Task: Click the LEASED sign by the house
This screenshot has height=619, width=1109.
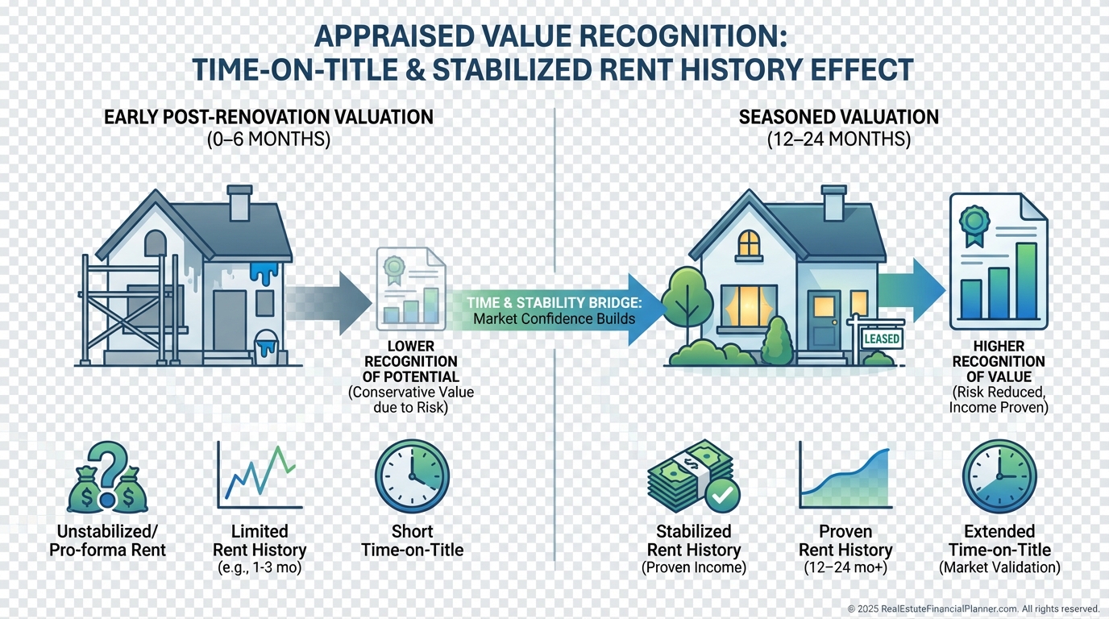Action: click(x=881, y=339)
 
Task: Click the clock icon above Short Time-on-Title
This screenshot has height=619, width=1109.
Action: click(x=412, y=476)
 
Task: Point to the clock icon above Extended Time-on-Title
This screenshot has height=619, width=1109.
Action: click(x=999, y=476)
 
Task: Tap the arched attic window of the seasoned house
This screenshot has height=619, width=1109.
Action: click(x=749, y=243)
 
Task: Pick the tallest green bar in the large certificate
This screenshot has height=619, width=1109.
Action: click(x=1026, y=281)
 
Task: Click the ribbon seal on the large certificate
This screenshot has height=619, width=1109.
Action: click(x=974, y=222)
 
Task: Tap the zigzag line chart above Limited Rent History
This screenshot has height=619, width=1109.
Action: click(x=260, y=476)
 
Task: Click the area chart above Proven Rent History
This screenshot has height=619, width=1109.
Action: click(x=845, y=480)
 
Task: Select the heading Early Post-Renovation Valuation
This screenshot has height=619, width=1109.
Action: click(x=268, y=117)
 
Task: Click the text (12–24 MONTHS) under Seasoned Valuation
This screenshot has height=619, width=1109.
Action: click(x=839, y=139)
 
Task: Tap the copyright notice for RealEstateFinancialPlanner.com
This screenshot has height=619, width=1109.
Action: click(x=973, y=609)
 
